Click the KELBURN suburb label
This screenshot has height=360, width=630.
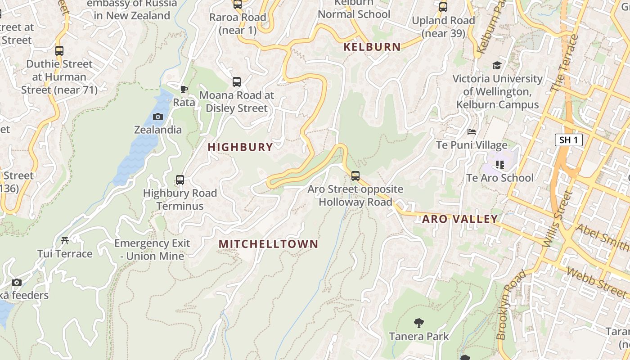[372, 47]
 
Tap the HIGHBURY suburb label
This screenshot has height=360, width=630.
[240, 147]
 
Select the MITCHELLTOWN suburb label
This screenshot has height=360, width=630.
[268, 244]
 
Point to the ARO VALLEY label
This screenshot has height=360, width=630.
[460, 219]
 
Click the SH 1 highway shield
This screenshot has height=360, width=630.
[568, 140]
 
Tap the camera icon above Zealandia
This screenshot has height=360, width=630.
[158, 117]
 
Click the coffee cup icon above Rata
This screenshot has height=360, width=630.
[184, 89]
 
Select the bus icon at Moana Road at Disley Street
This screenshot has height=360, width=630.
[237, 82]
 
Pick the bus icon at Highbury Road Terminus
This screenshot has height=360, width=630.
[180, 180]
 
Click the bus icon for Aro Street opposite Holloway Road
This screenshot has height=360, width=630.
[355, 176]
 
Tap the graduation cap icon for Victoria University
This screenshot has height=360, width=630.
[497, 66]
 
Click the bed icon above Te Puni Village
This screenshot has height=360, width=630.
[472, 132]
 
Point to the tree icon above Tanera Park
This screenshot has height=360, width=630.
[419, 323]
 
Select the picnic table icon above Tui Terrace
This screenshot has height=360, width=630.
[65, 241]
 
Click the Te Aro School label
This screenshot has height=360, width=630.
[499, 178]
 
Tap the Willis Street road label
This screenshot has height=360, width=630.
[557, 218]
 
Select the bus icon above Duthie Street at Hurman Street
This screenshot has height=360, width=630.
[59, 50]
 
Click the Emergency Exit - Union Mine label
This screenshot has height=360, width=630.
[152, 250]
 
